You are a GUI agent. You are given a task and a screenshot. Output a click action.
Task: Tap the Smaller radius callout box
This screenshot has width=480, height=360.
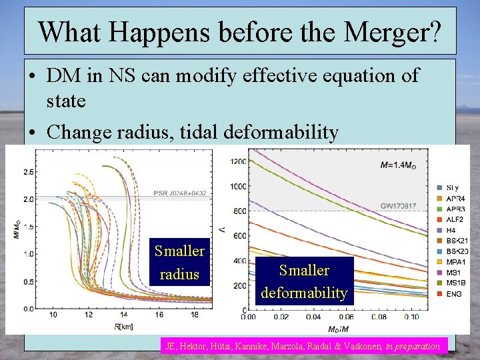(x=179, y=262)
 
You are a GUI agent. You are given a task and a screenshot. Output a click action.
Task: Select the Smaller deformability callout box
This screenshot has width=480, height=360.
(x=304, y=281)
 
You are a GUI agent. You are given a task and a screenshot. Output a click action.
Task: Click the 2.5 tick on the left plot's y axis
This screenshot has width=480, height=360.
(x=27, y=172)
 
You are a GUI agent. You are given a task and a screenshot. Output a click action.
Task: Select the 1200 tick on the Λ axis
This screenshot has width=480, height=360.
(x=238, y=162)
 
